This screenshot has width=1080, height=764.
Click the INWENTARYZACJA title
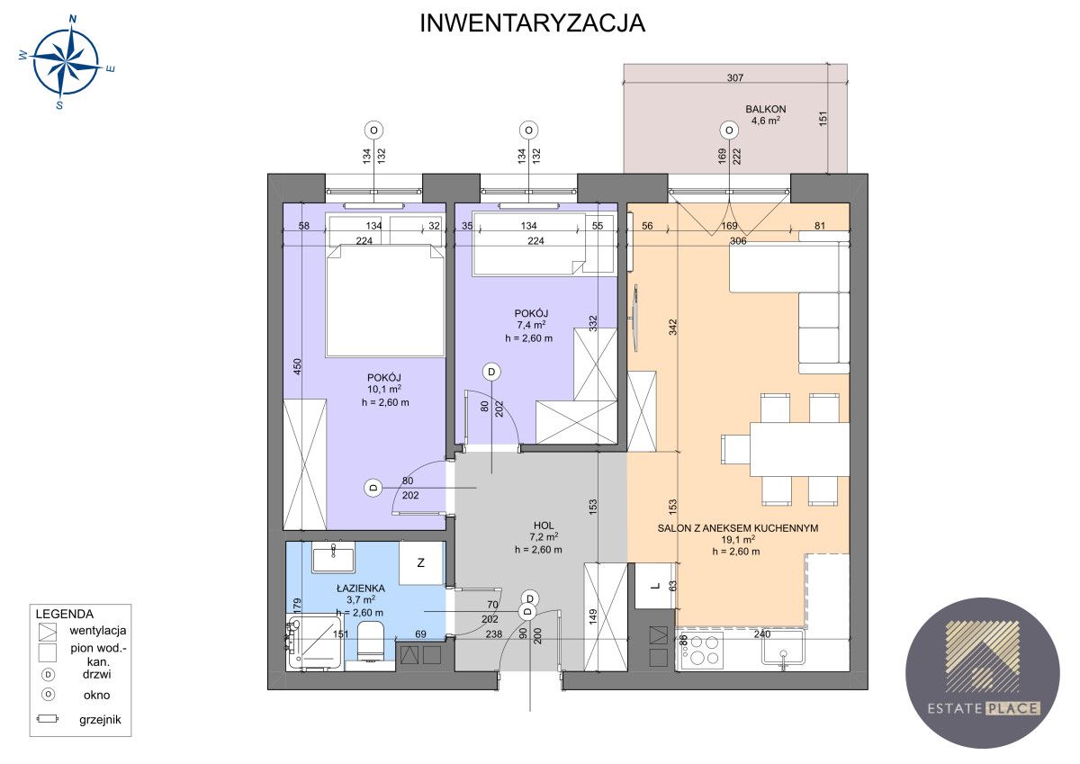pos(532,23)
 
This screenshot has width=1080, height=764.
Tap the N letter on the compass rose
pos(73,19)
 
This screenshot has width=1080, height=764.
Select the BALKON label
pos(766,110)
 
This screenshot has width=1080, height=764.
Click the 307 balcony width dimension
pos(735,77)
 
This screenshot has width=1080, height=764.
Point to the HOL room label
pos(544,526)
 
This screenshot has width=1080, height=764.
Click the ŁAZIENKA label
pos(361,589)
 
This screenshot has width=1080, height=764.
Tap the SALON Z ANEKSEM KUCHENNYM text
pos(738,528)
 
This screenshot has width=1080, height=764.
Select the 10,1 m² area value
pos(384,390)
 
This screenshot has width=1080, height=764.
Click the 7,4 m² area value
pos(531,326)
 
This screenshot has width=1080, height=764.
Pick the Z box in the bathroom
pos(421,563)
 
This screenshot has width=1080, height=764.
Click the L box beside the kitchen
pos(654,586)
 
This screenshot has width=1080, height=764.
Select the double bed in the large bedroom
pos(385,301)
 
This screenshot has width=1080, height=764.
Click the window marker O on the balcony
pos(729,130)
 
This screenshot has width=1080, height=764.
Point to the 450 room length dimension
pos(298,367)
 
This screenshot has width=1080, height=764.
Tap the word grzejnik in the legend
pos(100,720)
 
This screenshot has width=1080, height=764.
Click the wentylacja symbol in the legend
pos(48,632)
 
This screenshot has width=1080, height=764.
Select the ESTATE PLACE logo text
pos(984,708)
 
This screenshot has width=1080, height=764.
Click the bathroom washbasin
pos(333,557)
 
